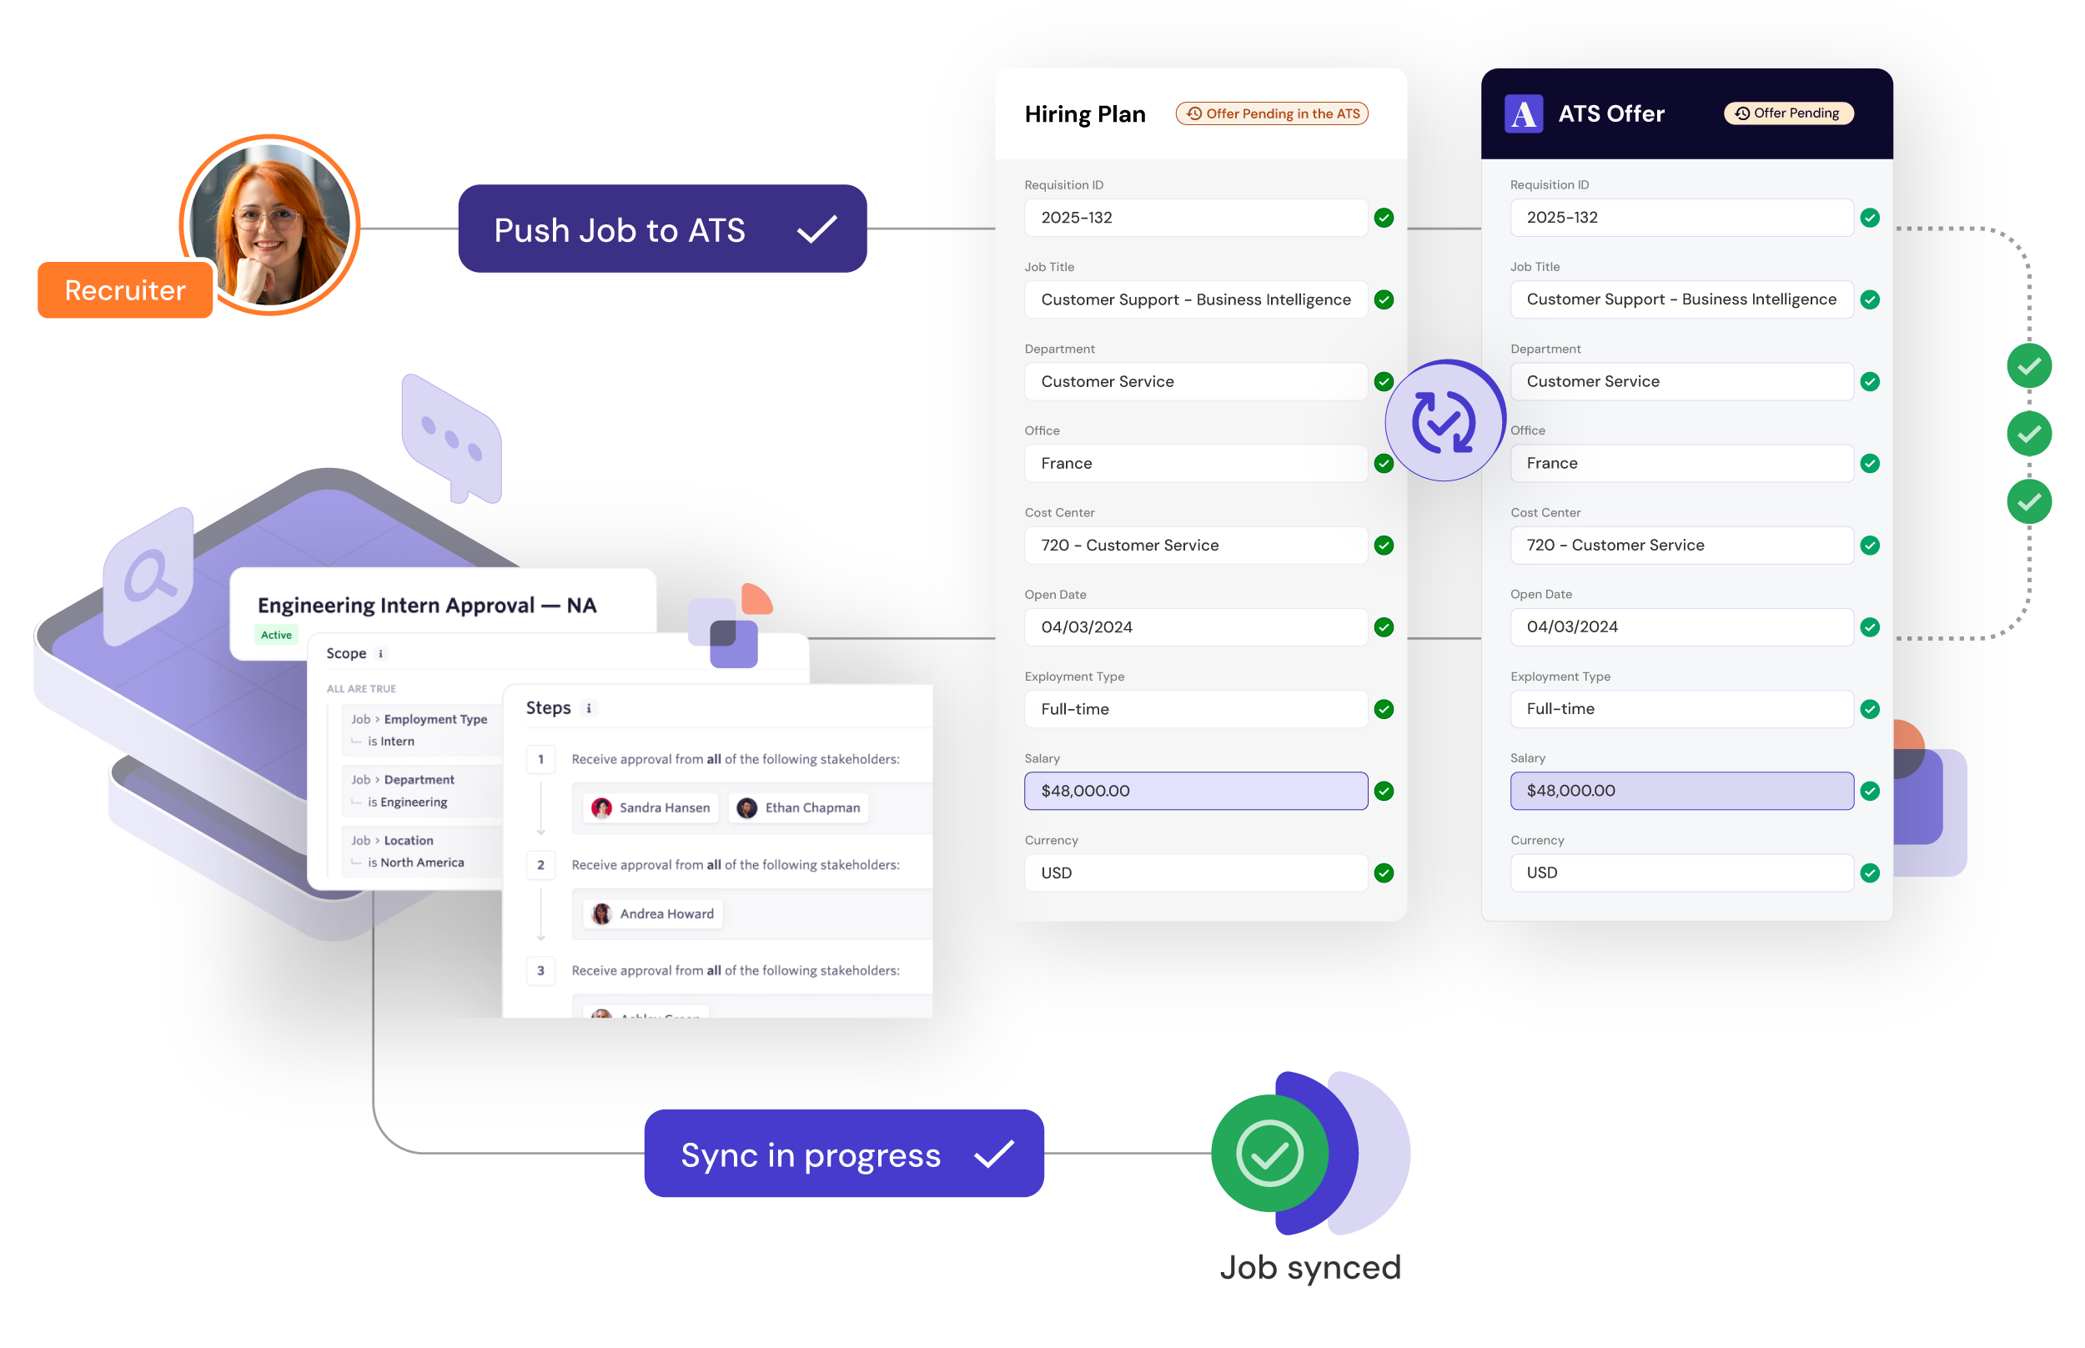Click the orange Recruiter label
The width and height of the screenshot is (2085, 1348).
[x=125, y=289]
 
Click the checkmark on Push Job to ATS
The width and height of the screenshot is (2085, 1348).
[x=817, y=229]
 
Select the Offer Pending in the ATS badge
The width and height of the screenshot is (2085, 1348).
[x=1272, y=113]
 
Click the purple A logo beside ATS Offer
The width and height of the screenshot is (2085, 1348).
[x=1523, y=113]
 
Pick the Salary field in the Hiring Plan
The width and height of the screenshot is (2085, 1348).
[x=1195, y=791]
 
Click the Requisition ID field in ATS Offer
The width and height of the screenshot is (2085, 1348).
[x=1681, y=217]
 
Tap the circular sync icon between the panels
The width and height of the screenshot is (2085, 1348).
[x=1444, y=421]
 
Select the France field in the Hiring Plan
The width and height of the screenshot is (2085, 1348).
[x=1195, y=463]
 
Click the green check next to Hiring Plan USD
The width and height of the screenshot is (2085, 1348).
[x=1384, y=873]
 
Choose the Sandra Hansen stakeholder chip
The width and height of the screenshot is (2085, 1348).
[x=651, y=807]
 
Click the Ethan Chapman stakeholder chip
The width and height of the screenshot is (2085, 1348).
[x=799, y=807]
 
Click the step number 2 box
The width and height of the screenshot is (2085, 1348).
[x=540, y=865]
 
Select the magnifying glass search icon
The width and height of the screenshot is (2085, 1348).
[x=148, y=576]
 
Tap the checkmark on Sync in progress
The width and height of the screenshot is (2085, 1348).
[x=994, y=1154]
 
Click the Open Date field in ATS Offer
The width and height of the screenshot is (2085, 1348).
[x=1681, y=626]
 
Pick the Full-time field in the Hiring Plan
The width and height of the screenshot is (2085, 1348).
[x=1195, y=709]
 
